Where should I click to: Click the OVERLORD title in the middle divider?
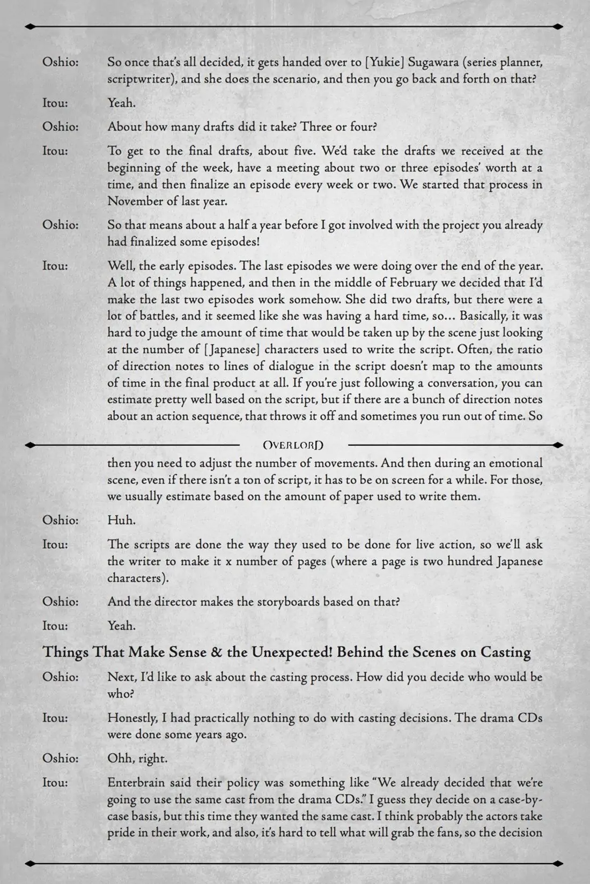(x=293, y=445)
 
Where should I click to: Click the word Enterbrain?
(x=138, y=782)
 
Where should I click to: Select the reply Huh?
(x=121, y=520)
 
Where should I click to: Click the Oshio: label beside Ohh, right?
(x=60, y=758)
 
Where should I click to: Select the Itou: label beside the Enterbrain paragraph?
(x=55, y=782)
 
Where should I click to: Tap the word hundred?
(x=451, y=561)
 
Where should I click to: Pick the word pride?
(x=121, y=833)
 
